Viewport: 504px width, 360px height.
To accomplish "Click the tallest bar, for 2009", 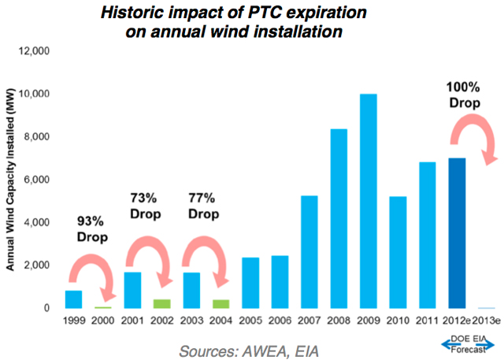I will click(x=369, y=201).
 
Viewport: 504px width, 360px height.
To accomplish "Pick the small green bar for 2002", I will click(x=161, y=304).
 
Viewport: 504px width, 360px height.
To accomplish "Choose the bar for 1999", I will click(x=73, y=299).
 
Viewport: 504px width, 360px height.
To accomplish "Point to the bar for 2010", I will click(x=398, y=252).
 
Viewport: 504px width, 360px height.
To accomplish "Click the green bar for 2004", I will click(x=220, y=304).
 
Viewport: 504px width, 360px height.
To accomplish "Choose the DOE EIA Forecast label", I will click(x=473, y=344).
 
